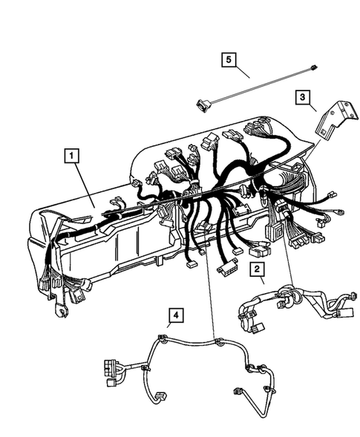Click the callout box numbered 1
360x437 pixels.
[x=71, y=156]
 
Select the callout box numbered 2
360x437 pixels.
[x=256, y=269]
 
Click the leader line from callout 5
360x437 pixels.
[x=242, y=71]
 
